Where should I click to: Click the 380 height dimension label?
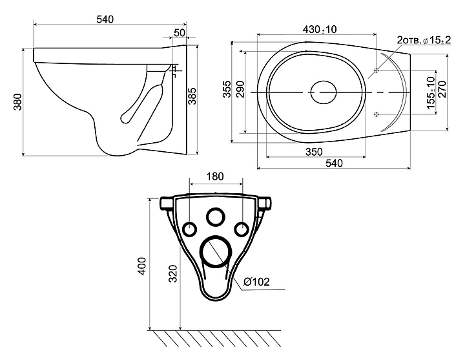tap(18, 101)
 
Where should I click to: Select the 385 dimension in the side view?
tap(192, 96)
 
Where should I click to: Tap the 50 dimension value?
tap(180, 33)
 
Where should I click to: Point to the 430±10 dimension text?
tap(320, 29)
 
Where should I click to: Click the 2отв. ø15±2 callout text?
tap(424, 40)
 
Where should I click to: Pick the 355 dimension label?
tap(227, 89)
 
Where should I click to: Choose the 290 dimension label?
tap(240, 89)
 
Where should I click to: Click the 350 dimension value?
tap(314, 152)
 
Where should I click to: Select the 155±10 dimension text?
tap(431, 92)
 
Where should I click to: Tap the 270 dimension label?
tap(442, 89)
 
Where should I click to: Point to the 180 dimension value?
tap(215, 176)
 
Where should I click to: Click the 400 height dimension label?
tap(142, 266)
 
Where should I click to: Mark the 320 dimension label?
tap(173, 273)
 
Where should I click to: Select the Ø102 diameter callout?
tap(257, 281)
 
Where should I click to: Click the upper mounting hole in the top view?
tap(377, 70)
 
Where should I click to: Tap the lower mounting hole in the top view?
tap(377, 114)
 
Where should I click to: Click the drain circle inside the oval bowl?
tap(324, 92)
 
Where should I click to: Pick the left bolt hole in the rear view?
tap(190, 229)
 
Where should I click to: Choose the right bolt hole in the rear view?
tap(242, 229)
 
